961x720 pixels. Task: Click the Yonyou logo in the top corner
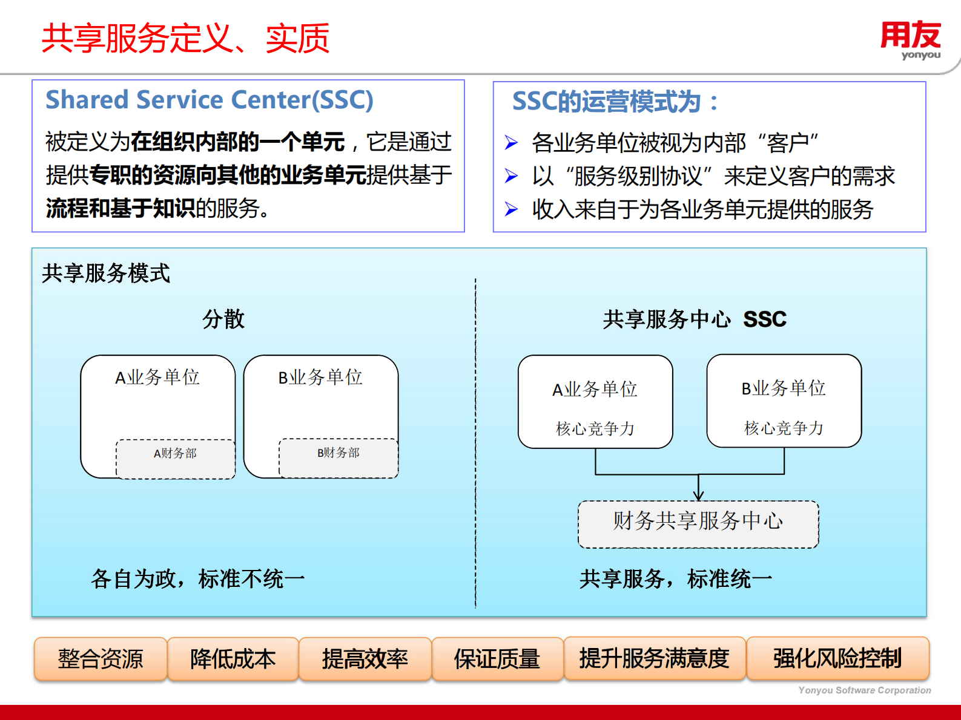coord(911,40)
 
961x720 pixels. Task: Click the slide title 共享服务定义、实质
coord(185,39)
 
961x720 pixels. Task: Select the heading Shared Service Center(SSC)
coord(210,100)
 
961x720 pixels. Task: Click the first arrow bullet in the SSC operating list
coord(511,143)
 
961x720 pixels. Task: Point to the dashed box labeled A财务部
coord(176,459)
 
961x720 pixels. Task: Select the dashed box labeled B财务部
coord(338,459)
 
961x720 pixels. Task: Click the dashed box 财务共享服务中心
coord(698,524)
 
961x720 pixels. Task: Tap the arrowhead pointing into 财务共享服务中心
coord(698,496)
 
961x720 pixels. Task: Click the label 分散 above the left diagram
coord(223,319)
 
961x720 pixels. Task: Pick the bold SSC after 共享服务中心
coord(765,319)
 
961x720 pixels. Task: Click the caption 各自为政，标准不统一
coord(198,579)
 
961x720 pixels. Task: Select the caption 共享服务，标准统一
coord(676,579)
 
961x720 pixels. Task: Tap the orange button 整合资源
coord(101,659)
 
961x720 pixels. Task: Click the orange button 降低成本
coord(233,659)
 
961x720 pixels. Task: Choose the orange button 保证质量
coord(497,659)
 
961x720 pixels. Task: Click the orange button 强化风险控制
coord(837,658)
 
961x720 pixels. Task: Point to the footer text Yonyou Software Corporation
coord(864,690)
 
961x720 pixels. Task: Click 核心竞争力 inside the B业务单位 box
coord(784,428)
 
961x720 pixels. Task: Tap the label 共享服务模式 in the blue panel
coord(106,273)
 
